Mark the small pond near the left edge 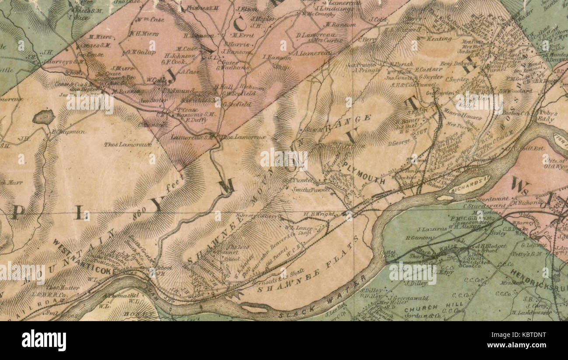click(x=43, y=117)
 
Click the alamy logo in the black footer click(x=44, y=340)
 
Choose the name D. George click(x=399, y=143)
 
